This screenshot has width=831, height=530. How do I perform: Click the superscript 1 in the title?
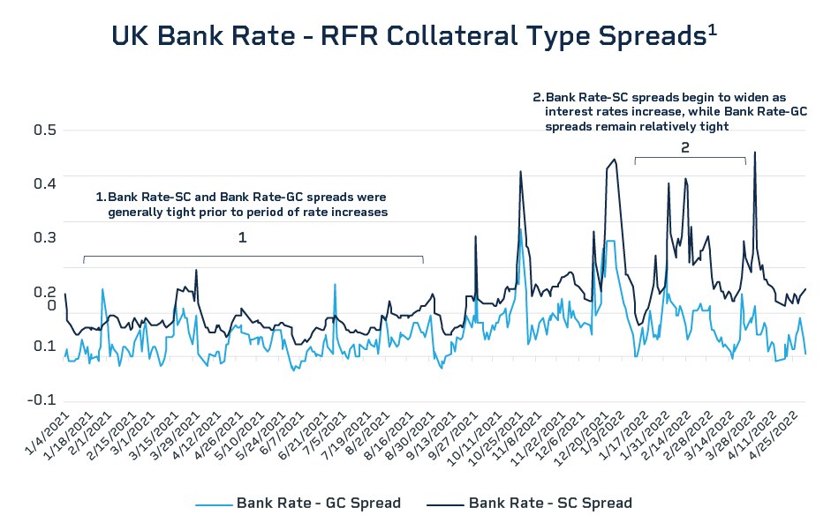712,28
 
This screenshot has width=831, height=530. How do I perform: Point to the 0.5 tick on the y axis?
44,131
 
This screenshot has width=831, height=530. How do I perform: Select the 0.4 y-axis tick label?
44,183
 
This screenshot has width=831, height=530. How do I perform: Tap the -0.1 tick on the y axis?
42,399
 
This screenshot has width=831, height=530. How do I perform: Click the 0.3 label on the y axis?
44,238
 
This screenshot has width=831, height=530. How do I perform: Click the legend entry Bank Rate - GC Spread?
318,504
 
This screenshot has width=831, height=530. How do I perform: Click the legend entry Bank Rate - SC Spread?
550,504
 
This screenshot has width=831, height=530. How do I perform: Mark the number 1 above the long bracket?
242,238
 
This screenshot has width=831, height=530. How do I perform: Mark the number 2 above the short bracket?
685,149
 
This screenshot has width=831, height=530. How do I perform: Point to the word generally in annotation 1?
140,212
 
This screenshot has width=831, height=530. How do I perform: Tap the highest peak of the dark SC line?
754,153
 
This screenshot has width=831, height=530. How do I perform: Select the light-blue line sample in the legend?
215,504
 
